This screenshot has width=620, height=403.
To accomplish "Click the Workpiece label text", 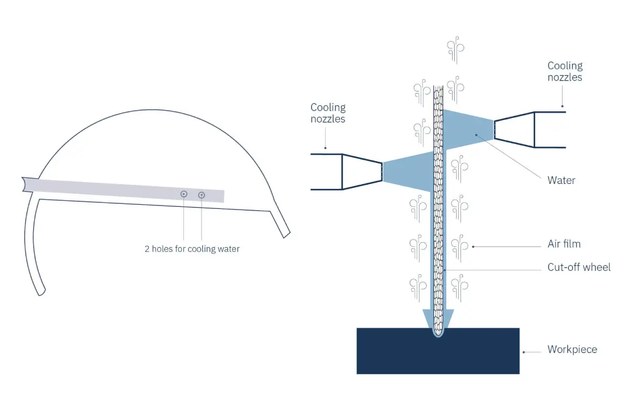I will (x=572, y=350).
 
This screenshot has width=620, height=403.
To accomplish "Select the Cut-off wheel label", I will (x=579, y=267).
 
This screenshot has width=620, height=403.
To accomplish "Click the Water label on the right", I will (x=561, y=181).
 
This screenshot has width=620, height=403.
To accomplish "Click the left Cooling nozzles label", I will (x=328, y=113).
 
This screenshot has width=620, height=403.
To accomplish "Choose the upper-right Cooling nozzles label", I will (x=565, y=71).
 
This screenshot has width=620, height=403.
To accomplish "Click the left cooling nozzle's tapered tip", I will (x=362, y=171).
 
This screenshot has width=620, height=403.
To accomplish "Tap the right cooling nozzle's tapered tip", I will (x=514, y=130).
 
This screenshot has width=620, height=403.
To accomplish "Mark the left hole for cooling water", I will (x=184, y=194).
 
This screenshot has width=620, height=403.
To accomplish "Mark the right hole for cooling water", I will (x=202, y=195).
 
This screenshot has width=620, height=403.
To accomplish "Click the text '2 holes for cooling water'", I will (x=192, y=249).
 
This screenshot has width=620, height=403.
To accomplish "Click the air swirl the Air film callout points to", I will (x=459, y=246).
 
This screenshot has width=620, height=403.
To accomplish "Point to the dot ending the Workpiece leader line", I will (x=524, y=352).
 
